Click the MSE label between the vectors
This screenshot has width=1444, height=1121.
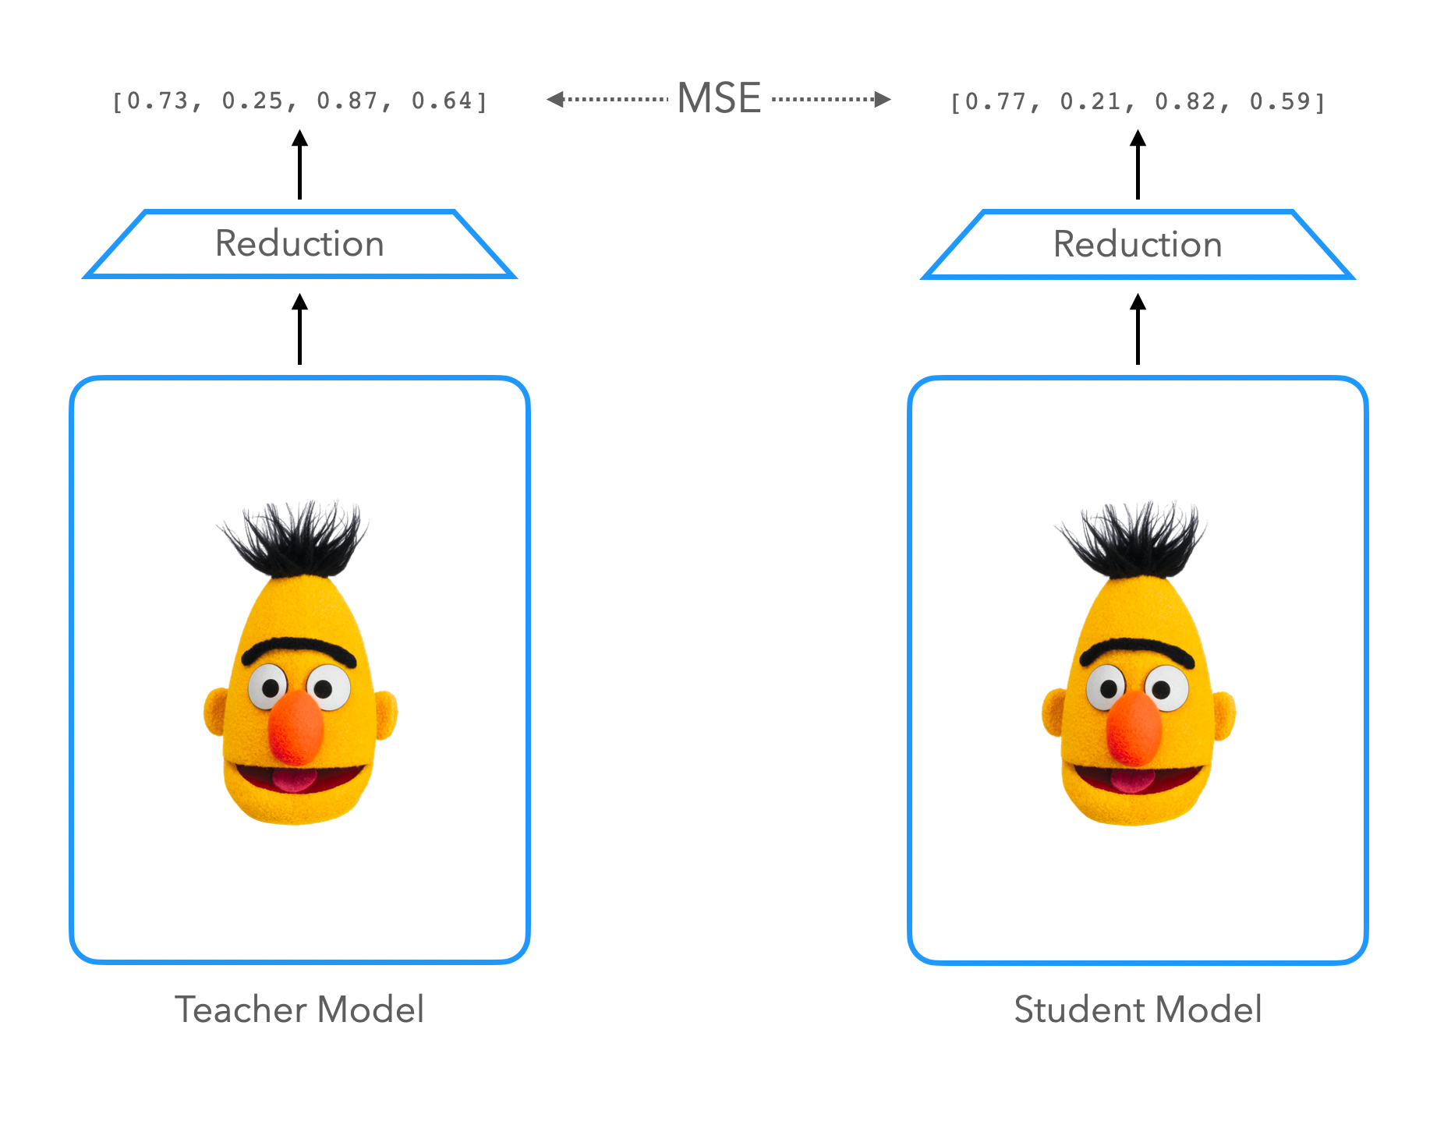point(718,99)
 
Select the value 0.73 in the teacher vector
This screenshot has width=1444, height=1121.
point(157,101)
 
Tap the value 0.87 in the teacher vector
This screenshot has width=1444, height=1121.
point(347,101)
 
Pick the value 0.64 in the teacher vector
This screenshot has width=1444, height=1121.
point(442,101)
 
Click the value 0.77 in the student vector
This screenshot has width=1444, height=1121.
point(996,102)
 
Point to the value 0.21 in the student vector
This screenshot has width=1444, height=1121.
point(1091,102)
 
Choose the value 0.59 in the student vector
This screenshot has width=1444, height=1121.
point(1280,102)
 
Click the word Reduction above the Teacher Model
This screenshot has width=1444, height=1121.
point(299,244)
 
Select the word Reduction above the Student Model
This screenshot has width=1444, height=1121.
point(1138,245)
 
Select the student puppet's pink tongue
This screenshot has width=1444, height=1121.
point(1133,780)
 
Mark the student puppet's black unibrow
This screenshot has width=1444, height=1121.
point(1137,649)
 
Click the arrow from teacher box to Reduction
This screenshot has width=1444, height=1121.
point(299,329)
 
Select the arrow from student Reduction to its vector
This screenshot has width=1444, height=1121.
point(1138,164)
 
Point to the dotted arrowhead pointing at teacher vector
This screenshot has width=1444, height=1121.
point(554,99)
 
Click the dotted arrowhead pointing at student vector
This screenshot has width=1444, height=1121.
point(883,99)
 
